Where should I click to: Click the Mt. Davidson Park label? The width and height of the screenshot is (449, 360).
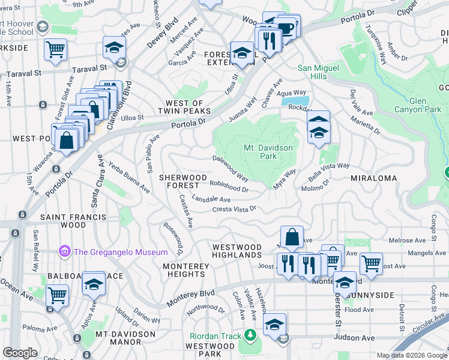click(268, 152)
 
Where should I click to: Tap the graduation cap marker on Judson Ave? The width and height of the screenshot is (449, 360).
click(274, 325)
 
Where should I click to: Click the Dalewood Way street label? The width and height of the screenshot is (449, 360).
click(231, 169)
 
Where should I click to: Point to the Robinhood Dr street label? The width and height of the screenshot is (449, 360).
click(229, 186)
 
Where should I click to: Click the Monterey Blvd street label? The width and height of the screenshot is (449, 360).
click(191, 298)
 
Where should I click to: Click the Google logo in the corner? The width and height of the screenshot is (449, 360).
click(20, 353)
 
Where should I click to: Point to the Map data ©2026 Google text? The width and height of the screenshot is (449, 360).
click(411, 355)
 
